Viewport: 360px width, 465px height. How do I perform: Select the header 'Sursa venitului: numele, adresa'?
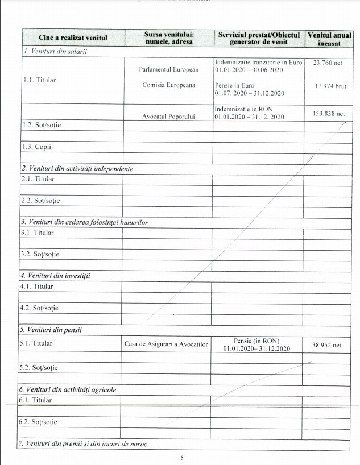pyautogui.click(x=168, y=38)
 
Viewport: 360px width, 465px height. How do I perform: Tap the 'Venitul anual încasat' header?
pyautogui.click(x=329, y=38)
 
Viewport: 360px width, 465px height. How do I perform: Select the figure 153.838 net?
pyautogui.click(x=329, y=113)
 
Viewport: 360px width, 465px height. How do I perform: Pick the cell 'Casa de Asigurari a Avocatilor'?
pyautogui.click(x=167, y=344)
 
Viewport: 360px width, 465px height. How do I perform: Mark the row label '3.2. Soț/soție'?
pyautogui.click(x=40, y=254)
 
